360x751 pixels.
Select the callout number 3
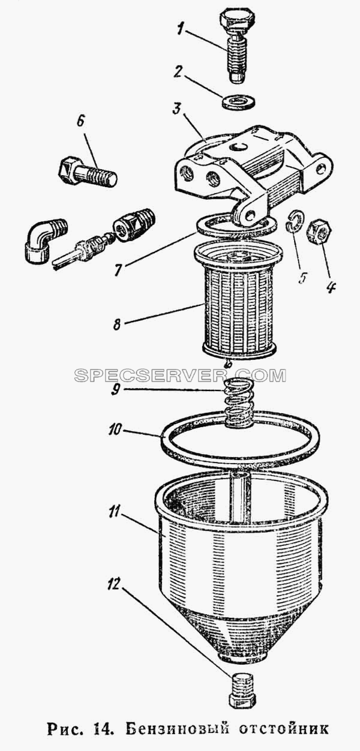178,110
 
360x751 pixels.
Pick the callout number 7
117,269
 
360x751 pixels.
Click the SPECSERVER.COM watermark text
180,376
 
